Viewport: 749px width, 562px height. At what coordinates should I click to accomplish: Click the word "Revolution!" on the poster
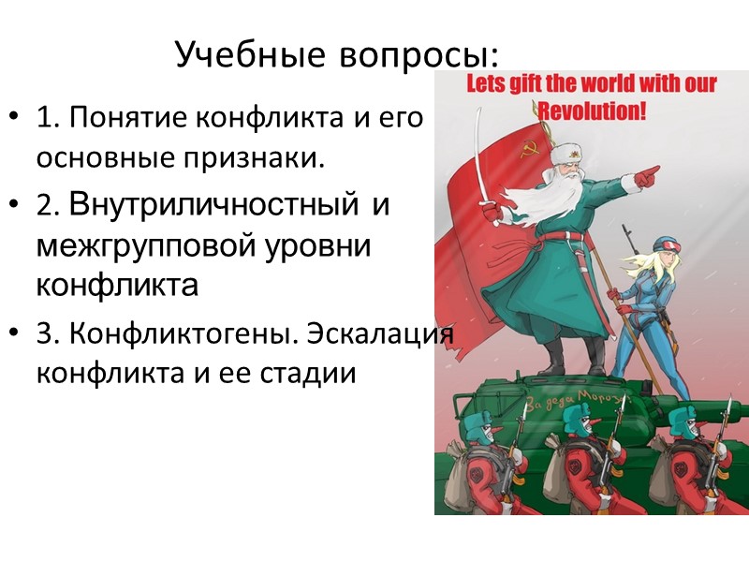click(596, 109)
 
